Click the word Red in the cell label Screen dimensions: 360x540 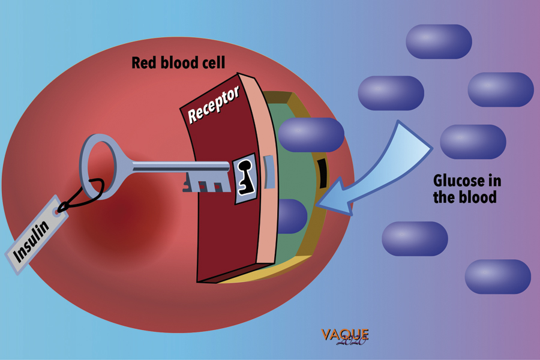[x=144, y=62]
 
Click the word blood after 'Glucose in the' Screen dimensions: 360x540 [x=477, y=196]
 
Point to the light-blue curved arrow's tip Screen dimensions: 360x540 [x=320, y=203]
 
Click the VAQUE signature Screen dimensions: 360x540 [x=344, y=335]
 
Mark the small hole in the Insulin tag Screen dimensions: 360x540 [x=58, y=211]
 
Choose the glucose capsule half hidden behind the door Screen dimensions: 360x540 [x=292, y=215]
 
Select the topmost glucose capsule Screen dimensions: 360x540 [x=439, y=41]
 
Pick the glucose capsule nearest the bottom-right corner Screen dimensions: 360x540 [x=497, y=277]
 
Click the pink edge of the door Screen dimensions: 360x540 [x=264, y=174]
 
